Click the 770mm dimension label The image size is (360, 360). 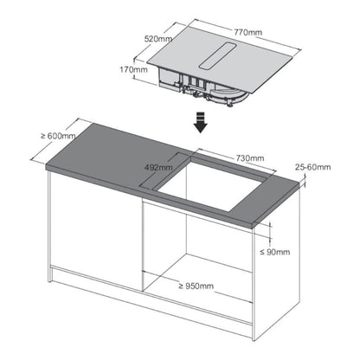247,32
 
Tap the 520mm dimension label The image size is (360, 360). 158,39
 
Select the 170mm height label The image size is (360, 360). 133,69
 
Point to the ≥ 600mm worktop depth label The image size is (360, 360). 58,136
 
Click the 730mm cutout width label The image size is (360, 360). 250,158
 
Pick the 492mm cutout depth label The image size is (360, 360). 158,167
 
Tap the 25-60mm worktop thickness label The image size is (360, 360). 313,167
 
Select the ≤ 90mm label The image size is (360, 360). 275,252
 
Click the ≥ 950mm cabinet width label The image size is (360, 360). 196,286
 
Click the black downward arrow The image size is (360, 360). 201,123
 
